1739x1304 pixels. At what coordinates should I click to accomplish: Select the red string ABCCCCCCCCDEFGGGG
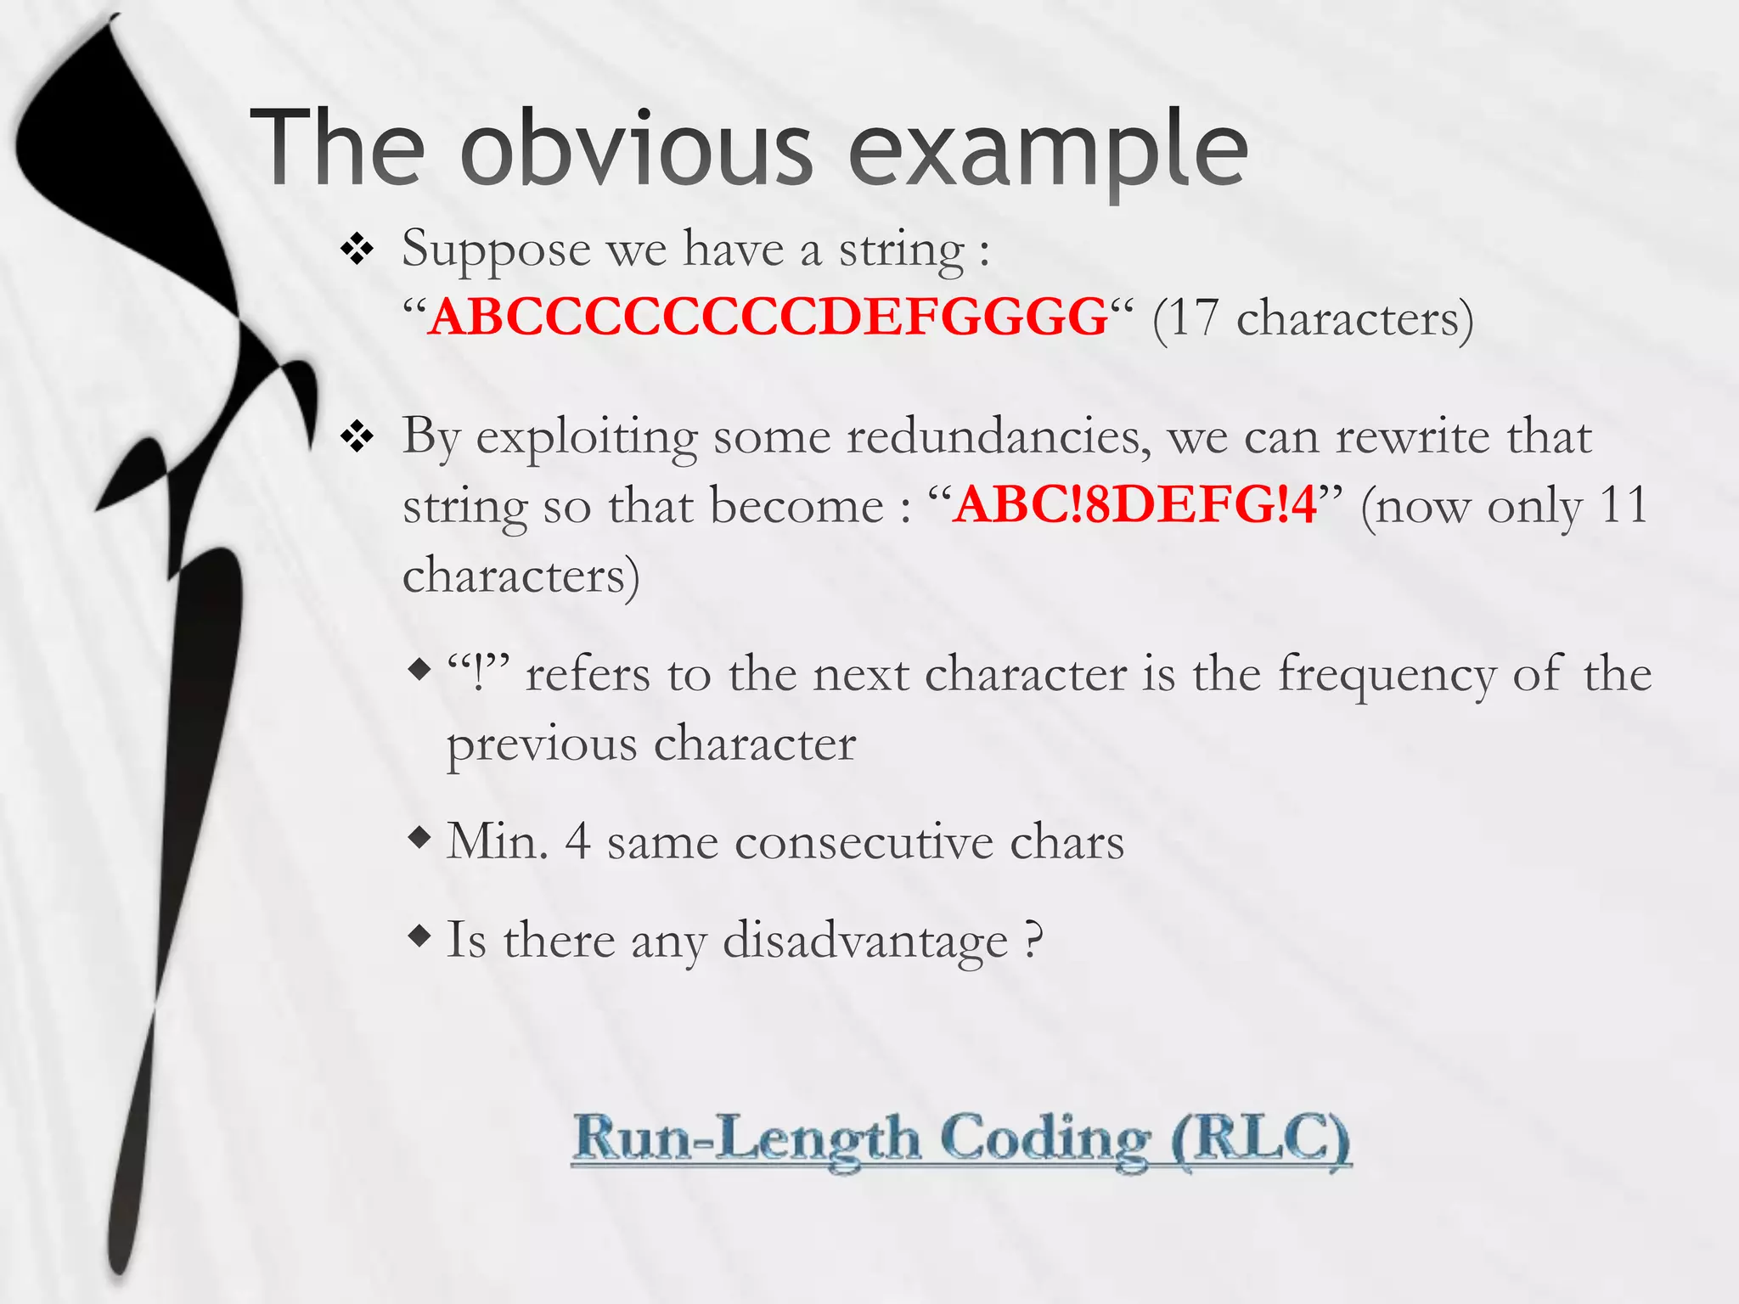click(768, 318)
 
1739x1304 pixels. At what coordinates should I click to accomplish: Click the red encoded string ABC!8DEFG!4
click(1134, 505)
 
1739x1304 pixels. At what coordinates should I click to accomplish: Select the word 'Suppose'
click(496, 250)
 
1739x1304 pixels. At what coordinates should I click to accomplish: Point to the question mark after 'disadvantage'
click(1033, 940)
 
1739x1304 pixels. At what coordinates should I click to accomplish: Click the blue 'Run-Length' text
click(747, 1138)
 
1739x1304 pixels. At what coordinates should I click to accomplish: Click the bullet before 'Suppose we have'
click(357, 251)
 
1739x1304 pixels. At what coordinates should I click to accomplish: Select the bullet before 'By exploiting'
click(357, 438)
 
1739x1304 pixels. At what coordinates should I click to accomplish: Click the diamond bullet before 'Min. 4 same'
click(419, 840)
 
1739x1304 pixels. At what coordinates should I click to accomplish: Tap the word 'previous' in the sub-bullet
click(542, 745)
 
